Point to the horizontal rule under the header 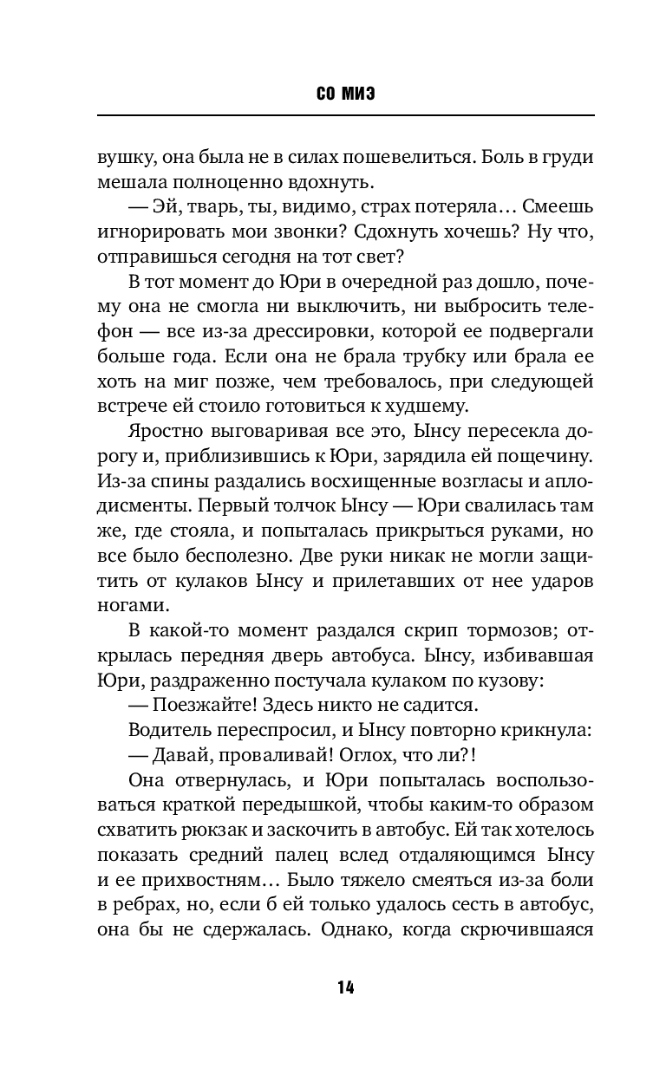(x=345, y=115)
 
